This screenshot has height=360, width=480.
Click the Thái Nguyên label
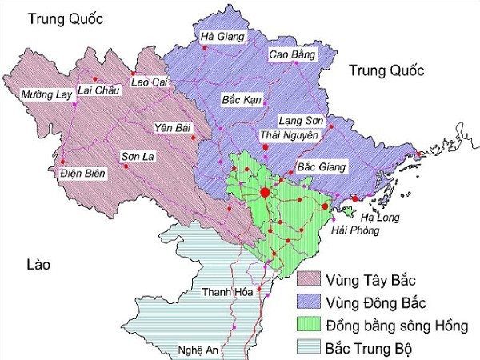(x=289, y=135)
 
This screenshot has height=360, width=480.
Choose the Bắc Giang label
(x=322, y=167)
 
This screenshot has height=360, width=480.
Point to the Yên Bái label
(x=174, y=127)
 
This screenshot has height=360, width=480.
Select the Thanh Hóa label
(x=227, y=292)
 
